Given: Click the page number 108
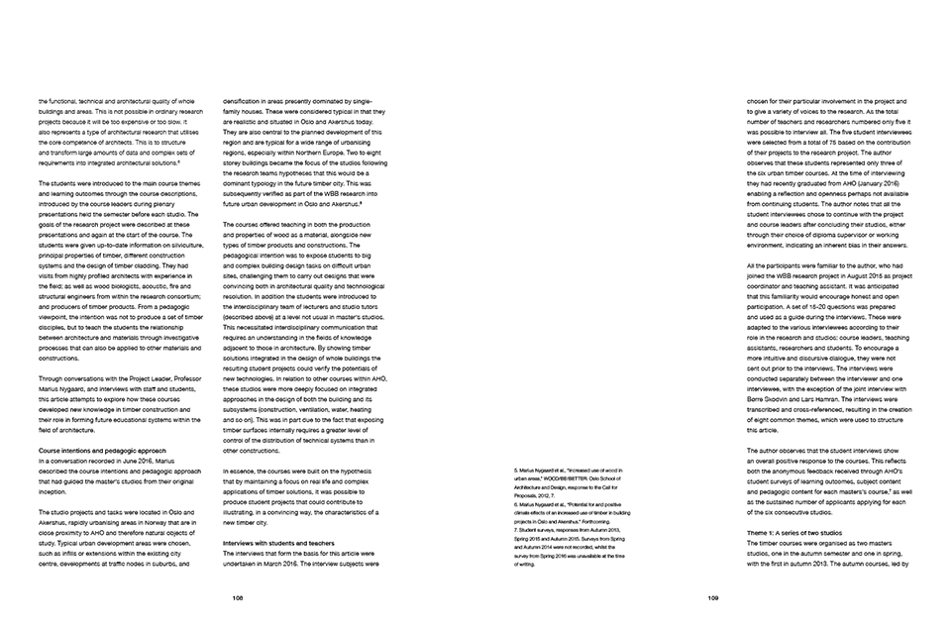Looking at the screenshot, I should coord(238,597).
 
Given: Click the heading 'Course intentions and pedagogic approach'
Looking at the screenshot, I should coord(94,452).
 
